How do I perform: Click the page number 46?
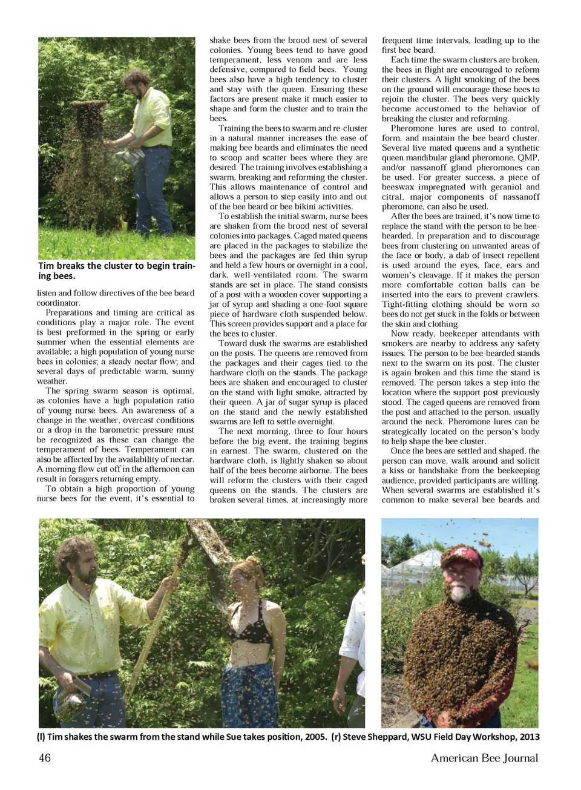coord(45,758)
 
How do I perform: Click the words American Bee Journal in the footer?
coord(484,758)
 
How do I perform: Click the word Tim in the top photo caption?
coord(46,266)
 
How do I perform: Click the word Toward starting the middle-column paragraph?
coord(233,343)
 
